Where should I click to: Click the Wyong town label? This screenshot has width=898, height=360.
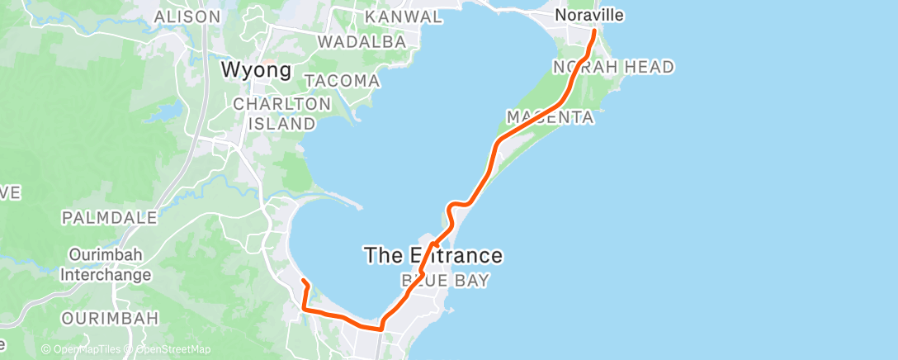tap(256, 70)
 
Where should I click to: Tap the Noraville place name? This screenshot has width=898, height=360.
tap(588, 15)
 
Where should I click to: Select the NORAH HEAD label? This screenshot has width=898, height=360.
tap(613, 67)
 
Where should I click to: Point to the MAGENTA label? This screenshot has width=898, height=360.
tap(551, 117)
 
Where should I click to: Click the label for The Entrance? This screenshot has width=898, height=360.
tap(433, 256)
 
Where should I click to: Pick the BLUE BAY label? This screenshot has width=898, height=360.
tap(445, 282)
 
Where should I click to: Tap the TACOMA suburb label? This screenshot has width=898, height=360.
tap(343, 81)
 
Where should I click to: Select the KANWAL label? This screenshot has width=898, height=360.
tap(403, 17)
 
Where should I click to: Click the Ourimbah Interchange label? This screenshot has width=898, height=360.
tap(107, 264)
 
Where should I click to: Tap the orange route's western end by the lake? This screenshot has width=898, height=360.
tap(303, 282)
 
